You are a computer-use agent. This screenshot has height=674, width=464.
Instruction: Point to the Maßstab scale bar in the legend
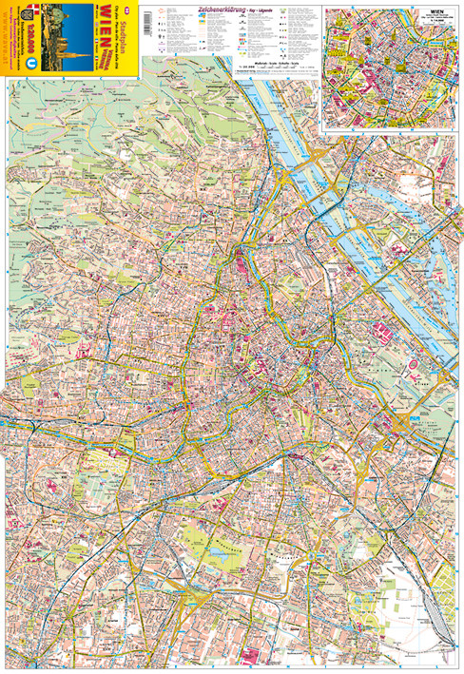[276, 63]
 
